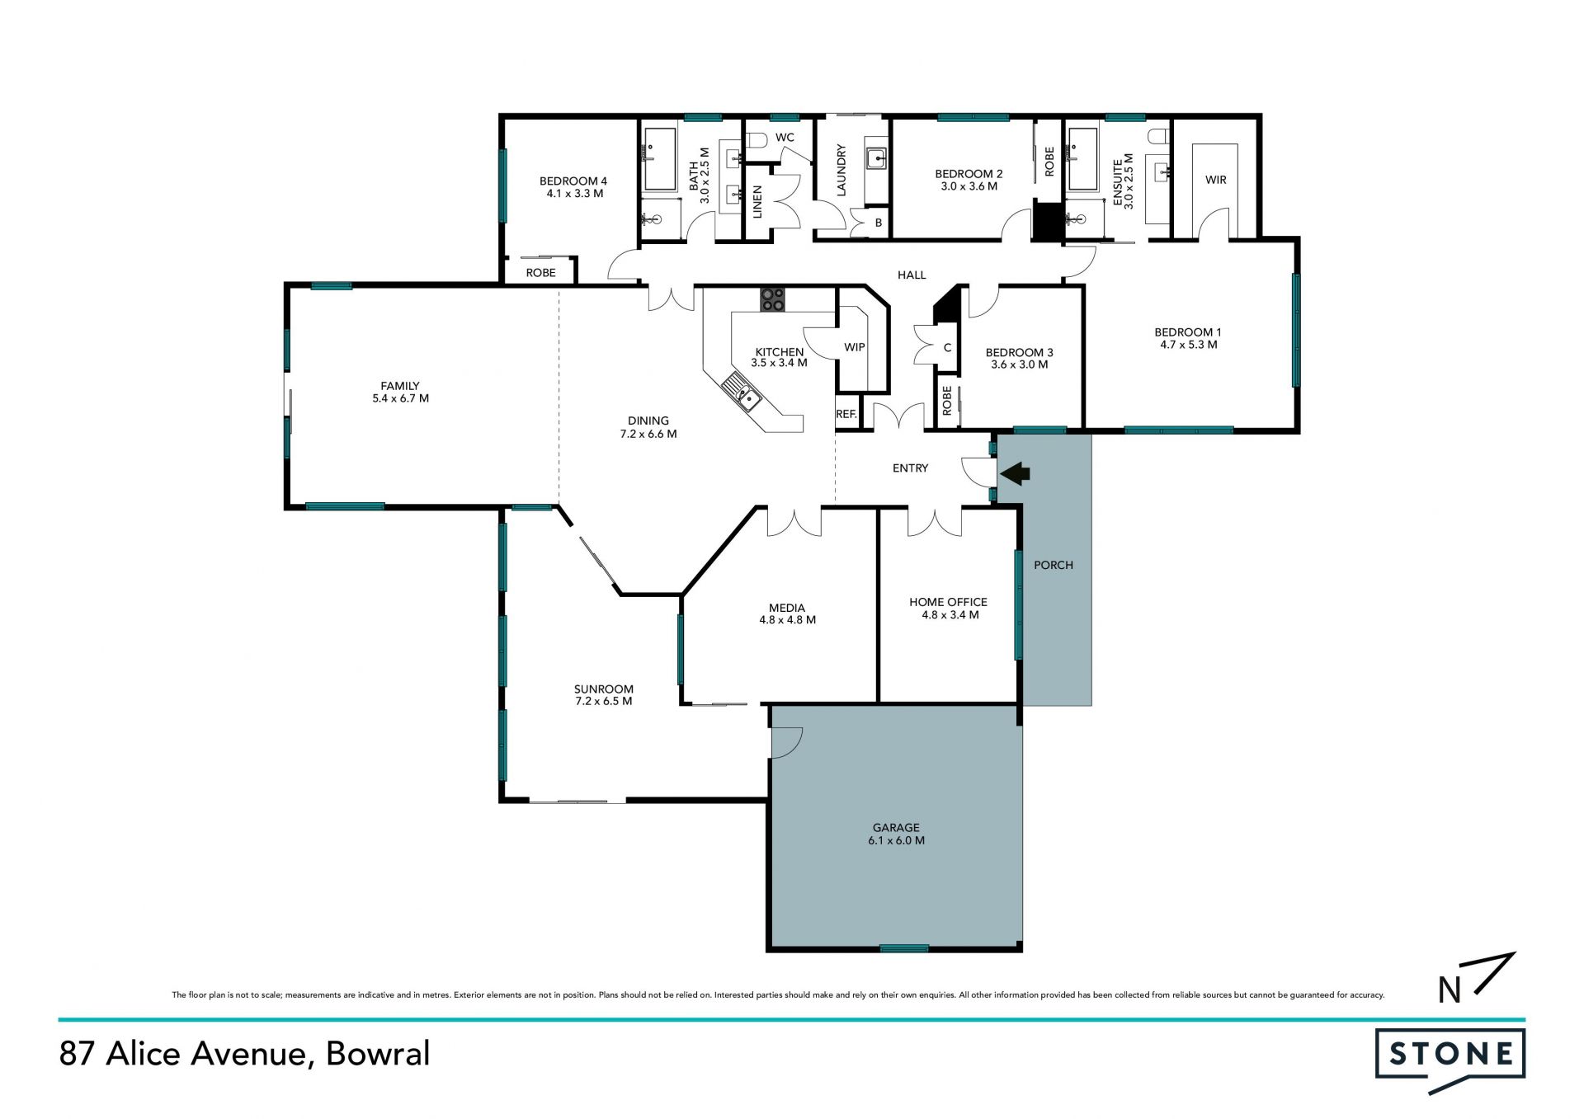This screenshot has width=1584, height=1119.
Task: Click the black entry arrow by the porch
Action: (1015, 473)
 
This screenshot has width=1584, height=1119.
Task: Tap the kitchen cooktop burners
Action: (772, 299)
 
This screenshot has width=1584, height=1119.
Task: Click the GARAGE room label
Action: (896, 827)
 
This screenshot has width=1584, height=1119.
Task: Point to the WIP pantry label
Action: (855, 347)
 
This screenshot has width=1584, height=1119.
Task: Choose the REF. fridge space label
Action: (846, 414)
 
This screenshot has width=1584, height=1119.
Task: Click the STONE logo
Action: (1450, 1058)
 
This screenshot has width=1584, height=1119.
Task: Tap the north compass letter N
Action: (1450, 990)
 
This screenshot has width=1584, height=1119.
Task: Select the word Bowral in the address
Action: (378, 1054)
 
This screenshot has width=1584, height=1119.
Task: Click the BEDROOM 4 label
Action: (573, 181)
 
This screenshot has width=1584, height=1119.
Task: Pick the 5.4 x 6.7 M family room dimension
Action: (401, 398)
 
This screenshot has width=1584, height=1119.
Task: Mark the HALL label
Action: (912, 275)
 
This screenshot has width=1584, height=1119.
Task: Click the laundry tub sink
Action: (876, 158)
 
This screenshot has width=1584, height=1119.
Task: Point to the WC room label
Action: (785, 137)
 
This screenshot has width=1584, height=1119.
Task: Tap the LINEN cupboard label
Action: (757, 202)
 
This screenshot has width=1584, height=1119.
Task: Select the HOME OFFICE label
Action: (948, 602)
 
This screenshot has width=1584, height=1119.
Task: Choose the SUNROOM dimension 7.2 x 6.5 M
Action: (604, 702)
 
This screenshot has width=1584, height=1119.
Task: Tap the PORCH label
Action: (1054, 565)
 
